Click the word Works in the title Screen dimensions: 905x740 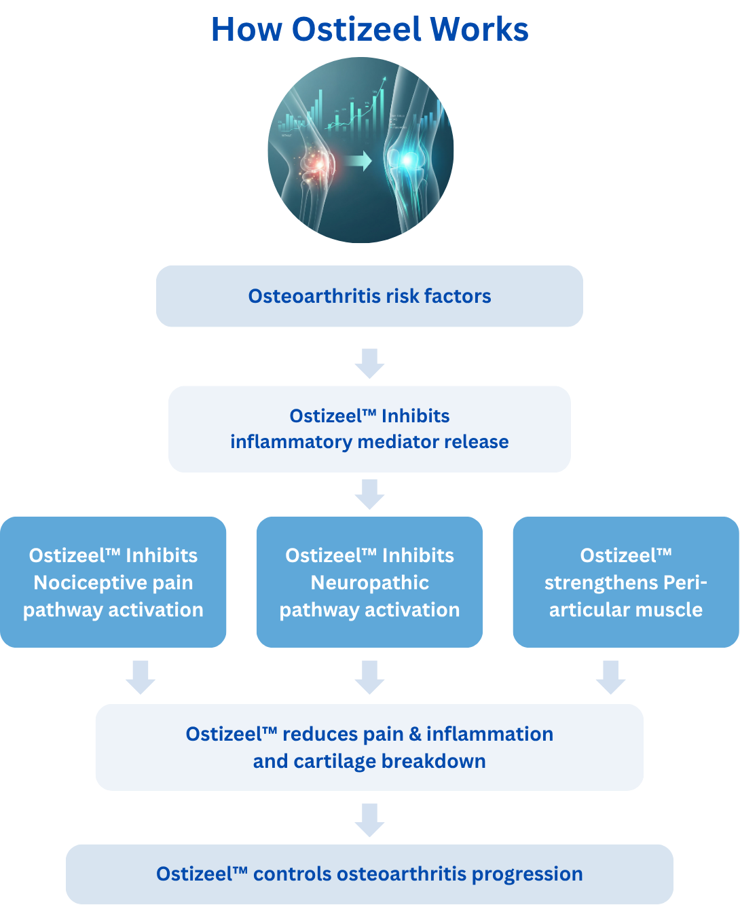coord(479,30)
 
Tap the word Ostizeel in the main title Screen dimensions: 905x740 coord(356,30)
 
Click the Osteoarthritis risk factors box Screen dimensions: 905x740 coord(369,296)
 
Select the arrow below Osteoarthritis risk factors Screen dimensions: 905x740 coord(369,363)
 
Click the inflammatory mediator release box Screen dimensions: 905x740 coord(369,429)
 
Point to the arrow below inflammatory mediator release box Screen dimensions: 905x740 coord(369,494)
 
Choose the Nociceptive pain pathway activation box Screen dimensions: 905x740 coord(113,582)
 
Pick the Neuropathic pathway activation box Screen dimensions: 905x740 coord(369,582)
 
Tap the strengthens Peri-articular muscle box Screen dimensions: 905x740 coord(625,582)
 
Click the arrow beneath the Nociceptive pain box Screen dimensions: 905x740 coord(141,678)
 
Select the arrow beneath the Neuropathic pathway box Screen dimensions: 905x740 coord(369,678)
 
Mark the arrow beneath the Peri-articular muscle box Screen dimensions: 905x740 coord(610,678)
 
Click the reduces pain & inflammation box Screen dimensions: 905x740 coord(369,747)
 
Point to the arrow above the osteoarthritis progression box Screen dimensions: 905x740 coord(369,820)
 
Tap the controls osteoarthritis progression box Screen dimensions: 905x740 coord(369,874)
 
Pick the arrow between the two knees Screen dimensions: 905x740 coord(358,161)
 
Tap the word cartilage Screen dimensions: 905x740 coord(333,761)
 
